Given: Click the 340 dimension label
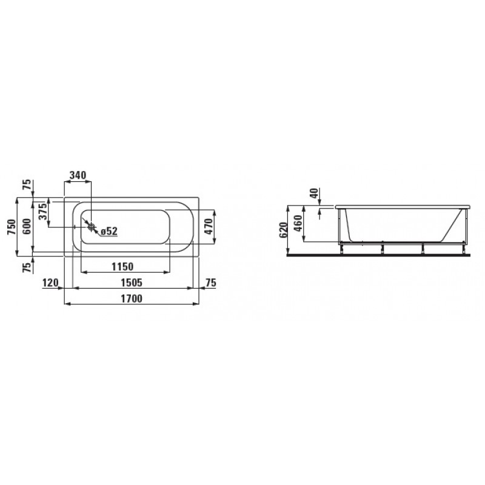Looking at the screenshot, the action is [x=78, y=175].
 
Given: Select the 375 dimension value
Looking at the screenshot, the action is [x=43, y=210].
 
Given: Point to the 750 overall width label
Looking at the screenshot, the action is [x=12, y=227].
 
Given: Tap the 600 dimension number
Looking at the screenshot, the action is [x=27, y=226].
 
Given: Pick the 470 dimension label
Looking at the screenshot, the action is [x=209, y=226].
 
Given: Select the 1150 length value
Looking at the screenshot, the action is [x=122, y=267].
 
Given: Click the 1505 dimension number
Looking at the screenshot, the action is [x=132, y=283].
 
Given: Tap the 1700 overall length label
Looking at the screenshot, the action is [x=132, y=298].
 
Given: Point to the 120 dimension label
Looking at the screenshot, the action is [x=50, y=283].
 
